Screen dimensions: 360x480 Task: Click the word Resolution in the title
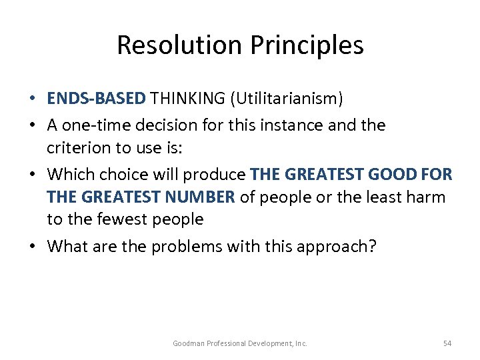pyautogui.click(x=175, y=45)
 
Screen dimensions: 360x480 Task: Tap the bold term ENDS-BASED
pyautogui.click(x=96, y=99)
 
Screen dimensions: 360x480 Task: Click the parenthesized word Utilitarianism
pyautogui.click(x=287, y=99)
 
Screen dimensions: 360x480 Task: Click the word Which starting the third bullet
pyautogui.click(x=71, y=175)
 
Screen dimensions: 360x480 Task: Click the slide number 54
pyautogui.click(x=447, y=343)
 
